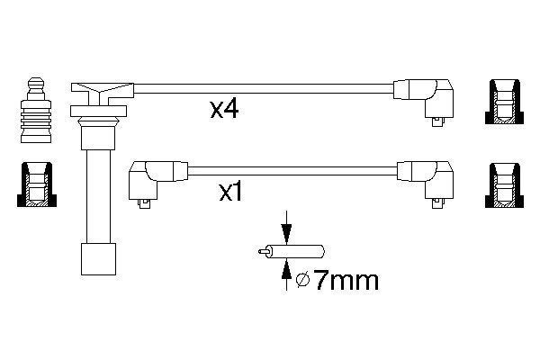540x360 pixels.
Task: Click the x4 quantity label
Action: [224, 111]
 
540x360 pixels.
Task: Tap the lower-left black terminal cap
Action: [34, 184]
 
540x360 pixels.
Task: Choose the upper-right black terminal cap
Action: [504, 102]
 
